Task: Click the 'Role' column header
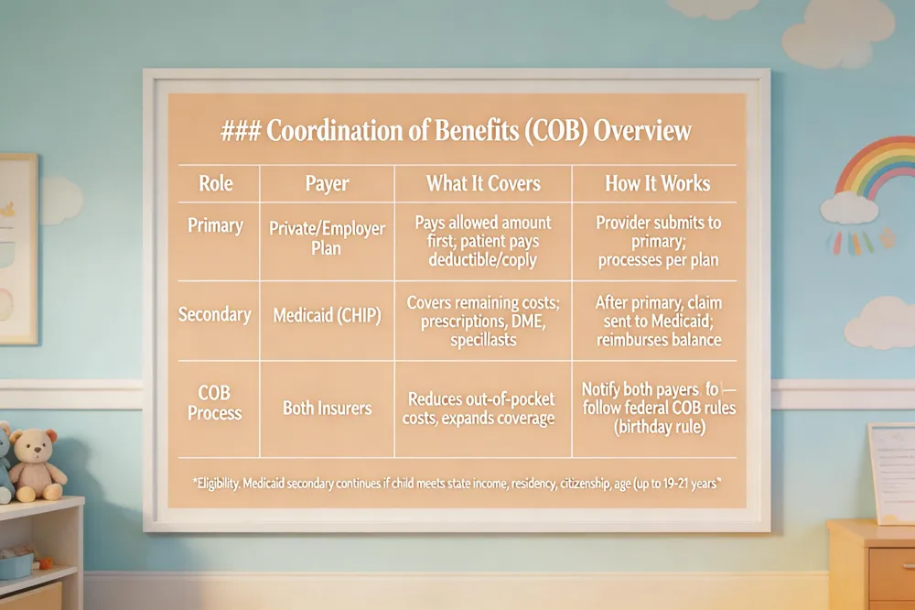point(216,183)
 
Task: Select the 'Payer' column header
point(327,184)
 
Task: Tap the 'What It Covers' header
point(483,183)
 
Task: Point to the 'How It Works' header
point(658,183)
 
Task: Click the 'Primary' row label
point(215,226)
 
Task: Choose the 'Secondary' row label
point(215,315)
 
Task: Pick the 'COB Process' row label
point(214,403)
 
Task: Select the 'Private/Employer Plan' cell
point(327,238)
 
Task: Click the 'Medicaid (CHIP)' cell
point(327,315)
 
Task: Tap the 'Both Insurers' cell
point(328,408)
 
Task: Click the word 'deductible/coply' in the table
point(482,260)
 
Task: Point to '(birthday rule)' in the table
point(660,427)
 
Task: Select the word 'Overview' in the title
point(642,131)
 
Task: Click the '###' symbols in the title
point(241,131)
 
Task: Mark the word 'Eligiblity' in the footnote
point(216,484)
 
